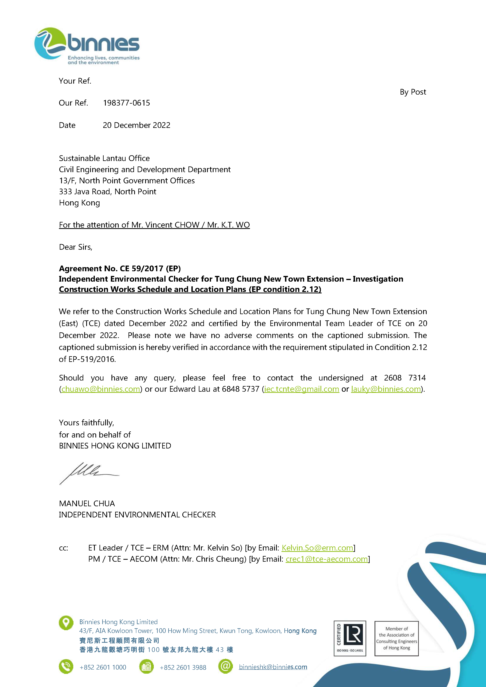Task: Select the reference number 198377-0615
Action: pyautogui.click(x=126, y=103)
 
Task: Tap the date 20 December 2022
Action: pyautogui.click(x=137, y=125)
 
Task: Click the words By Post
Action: pyautogui.click(x=413, y=92)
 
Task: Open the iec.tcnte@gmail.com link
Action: pyautogui.click(x=301, y=389)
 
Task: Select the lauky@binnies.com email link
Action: pyautogui.click(x=386, y=389)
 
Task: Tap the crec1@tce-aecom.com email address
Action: pyautogui.click(x=327, y=559)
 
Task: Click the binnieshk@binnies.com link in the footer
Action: pyautogui.click(x=273, y=667)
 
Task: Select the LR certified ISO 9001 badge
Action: pyautogui.click(x=350, y=638)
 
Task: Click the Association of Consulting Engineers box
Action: pyautogui.click(x=396, y=638)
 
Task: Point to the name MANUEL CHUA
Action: pyautogui.click(x=87, y=503)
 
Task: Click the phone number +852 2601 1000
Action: pyautogui.click(x=103, y=667)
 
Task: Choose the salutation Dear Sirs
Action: pyautogui.click(x=75, y=247)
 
